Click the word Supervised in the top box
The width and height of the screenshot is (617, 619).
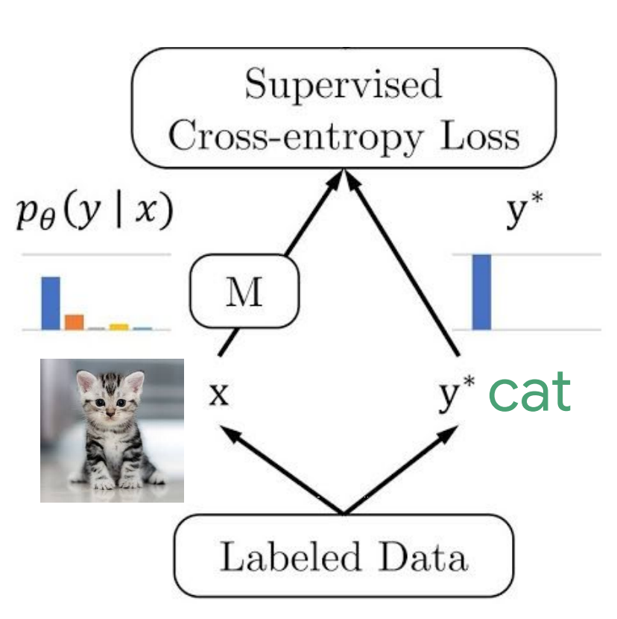click(343, 85)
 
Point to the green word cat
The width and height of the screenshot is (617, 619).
click(530, 393)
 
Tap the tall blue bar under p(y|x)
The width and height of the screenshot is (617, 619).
click(51, 303)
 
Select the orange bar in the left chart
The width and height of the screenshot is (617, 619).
click(74, 321)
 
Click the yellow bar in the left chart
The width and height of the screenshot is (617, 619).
click(118, 326)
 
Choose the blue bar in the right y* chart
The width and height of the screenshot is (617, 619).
click(481, 292)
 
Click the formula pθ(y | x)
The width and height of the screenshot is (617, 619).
click(94, 215)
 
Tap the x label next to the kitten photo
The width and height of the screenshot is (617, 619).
click(218, 395)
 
